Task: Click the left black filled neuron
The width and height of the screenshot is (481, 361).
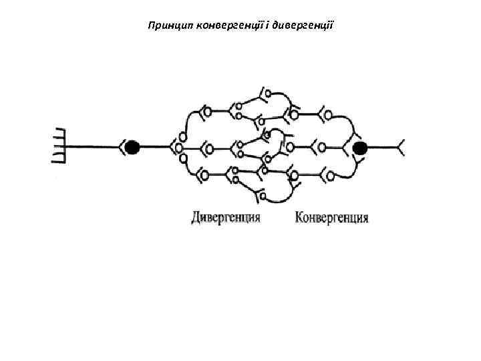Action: click(x=132, y=147)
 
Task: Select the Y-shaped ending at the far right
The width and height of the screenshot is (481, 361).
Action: click(x=402, y=147)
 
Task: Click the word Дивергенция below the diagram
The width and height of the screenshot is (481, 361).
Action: click(x=225, y=218)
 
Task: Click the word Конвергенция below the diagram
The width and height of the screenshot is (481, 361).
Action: click(x=331, y=218)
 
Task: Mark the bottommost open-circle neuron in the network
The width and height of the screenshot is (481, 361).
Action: click(x=262, y=196)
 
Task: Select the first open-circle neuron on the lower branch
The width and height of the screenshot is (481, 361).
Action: click(x=203, y=175)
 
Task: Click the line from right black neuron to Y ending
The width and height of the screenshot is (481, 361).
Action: click(x=384, y=147)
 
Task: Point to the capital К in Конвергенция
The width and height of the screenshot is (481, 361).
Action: click(x=299, y=218)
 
